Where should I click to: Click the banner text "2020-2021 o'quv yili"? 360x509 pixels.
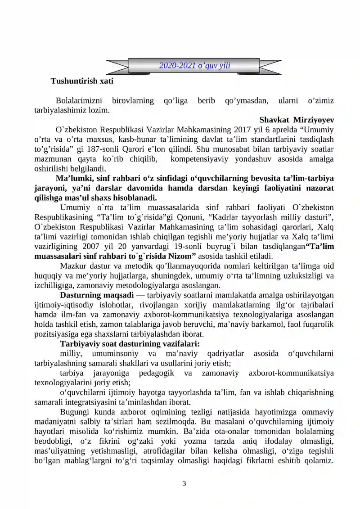pos(194,66)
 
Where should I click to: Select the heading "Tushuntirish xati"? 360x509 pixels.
pos(82,81)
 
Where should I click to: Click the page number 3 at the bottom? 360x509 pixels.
pos(184,484)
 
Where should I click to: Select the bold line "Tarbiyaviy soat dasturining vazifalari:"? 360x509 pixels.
pos(130,344)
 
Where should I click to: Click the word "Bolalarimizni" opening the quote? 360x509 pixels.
pos(80,100)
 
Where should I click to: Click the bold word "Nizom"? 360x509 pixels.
pos(181,256)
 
